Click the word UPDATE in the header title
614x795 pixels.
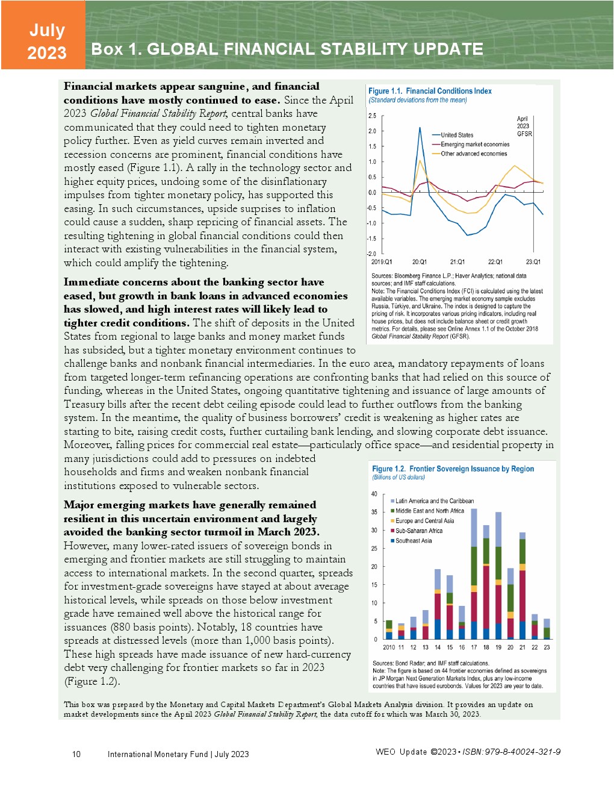tap(445, 49)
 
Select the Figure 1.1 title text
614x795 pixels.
tap(430, 91)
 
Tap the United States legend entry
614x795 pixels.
tap(456, 135)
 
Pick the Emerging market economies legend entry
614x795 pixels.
tap(474, 145)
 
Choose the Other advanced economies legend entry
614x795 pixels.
tap(473, 154)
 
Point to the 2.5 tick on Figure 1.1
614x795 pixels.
tap(372, 116)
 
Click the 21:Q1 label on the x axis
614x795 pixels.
tap(457, 262)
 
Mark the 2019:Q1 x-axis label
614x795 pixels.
tap(382, 262)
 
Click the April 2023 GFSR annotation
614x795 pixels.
tap(523, 126)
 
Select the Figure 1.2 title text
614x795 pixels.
tap(453, 469)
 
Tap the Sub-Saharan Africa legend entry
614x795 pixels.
tap(418, 531)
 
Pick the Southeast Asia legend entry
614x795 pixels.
tap(413, 541)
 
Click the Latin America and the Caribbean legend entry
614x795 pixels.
tap(434, 501)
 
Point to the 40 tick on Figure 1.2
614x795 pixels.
tap(374, 494)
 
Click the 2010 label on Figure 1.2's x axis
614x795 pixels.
tap(389, 647)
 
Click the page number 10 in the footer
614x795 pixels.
tap(76, 754)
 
